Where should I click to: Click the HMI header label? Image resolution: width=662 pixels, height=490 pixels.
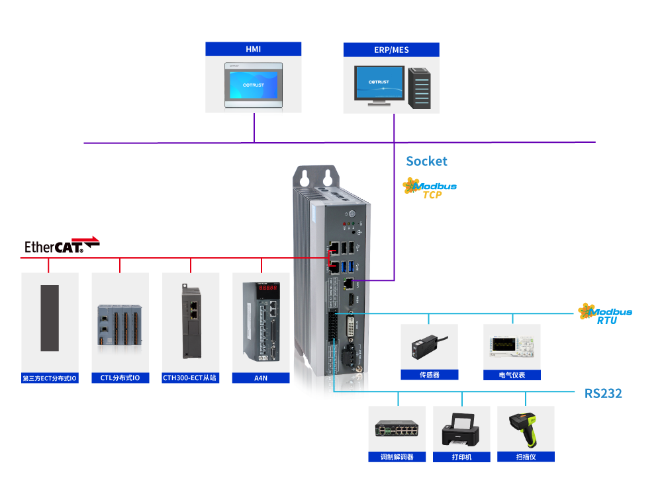click(253, 50)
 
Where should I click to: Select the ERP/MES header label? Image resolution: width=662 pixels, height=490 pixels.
click(391, 50)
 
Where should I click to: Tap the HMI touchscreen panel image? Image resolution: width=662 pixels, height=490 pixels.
click(254, 85)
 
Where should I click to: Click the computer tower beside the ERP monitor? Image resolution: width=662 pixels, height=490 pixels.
click(419, 87)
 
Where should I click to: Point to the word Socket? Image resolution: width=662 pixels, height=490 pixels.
click(426, 161)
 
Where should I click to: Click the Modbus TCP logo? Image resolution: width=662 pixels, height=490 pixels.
click(430, 189)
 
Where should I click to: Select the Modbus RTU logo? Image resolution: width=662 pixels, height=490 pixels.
click(604, 313)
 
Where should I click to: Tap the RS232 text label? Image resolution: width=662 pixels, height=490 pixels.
click(603, 393)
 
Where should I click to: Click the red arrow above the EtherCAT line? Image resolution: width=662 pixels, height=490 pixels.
click(85, 239)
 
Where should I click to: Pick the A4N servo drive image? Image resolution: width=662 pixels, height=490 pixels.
click(261, 321)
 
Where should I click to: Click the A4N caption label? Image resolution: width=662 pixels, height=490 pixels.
click(261, 378)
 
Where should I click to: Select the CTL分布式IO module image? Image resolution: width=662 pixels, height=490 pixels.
click(120, 323)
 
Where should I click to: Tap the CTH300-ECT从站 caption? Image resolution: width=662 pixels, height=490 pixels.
click(191, 378)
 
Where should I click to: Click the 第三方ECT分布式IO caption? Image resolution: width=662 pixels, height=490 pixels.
click(50, 379)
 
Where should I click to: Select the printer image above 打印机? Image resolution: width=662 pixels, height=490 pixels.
click(461, 430)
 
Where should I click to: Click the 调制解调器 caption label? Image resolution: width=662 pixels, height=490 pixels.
click(397, 457)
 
